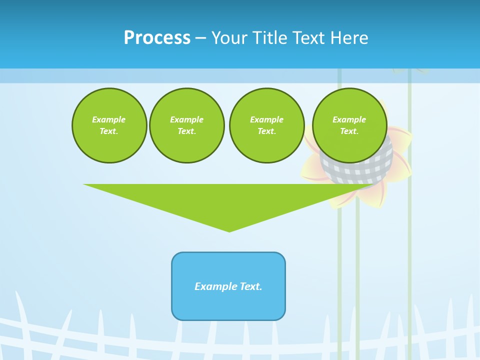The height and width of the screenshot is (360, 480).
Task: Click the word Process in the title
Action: (x=157, y=38)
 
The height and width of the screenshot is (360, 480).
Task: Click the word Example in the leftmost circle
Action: (x=109, y=119)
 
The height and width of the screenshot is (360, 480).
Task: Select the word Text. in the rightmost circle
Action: (x=349, y=131)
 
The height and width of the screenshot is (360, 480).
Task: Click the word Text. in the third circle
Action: (x=266, y=131)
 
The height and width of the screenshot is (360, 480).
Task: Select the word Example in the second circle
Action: (x=186, y=119)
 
